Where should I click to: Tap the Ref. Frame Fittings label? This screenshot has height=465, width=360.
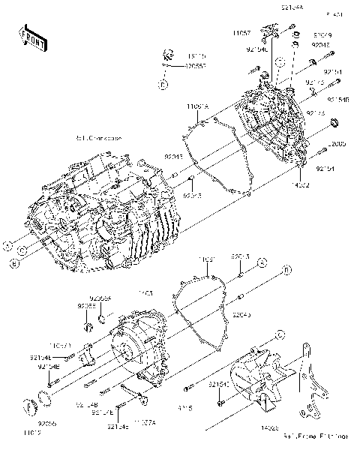click(322, 435)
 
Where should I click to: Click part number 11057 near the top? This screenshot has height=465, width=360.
click(241, 34)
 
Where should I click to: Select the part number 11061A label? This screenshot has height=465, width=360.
click(197, 108)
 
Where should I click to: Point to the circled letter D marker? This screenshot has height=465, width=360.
click(161, 85)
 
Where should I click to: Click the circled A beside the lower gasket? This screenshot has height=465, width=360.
click(262, 262)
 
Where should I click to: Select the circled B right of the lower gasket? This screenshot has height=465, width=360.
click(286, 269)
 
